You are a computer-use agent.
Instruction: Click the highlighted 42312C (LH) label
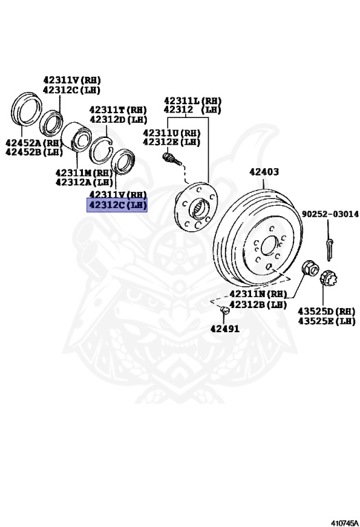pyautogui.click(x=117, y=204)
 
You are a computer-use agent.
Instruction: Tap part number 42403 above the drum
pyautogui.click(x=264, y=172)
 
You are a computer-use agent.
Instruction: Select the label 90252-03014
pyautogui.click(x=330, y=214)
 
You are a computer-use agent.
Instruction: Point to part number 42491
pyautogui.click(x=225, y=329)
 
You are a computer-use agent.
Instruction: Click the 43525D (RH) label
pyautogui.click(x=326, y=312)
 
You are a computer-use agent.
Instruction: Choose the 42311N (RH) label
pyautogui.click(x=258, y=294)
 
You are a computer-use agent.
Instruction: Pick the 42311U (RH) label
pyautogui.click(x=171, y=132)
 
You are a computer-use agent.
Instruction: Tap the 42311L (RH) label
pyautogui.click(x=193, y=100)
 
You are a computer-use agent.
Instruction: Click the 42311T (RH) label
pyautogui.click(x=118, y=110)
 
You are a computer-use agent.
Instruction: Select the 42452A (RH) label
pyautogui.click(x=34, y=143)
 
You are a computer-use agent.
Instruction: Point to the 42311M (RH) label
pyautogui.click(x=84, y=173)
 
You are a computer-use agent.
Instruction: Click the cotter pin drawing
pyautogui.click(x=330, y=248)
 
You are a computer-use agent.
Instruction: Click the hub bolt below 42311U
pyautogui.click(x=171, y=159)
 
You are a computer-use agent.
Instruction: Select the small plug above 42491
pyautogui.click(x=225, y=310)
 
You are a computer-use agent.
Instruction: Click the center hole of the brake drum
pyautogui.click(x=269, y=246)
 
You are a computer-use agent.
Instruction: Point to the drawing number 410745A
pyautogui.click(x=344, y=523)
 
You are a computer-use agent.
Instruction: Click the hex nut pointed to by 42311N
pyautogui.click(x=310, y=268)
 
